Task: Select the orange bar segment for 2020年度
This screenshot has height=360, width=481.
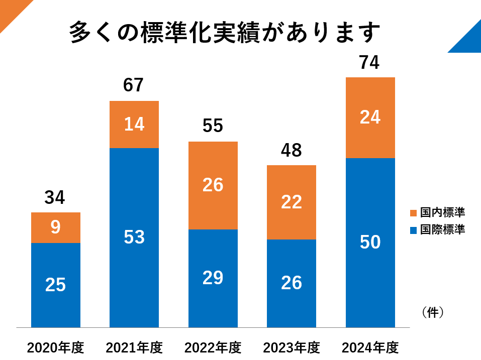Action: point(55,227)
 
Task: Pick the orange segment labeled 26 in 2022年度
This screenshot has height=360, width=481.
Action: point(213,185)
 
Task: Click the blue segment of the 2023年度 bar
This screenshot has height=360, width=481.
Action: point(291,283)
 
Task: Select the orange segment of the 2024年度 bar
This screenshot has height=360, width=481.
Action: point(370,117)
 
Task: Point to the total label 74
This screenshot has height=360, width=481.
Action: point(369,63)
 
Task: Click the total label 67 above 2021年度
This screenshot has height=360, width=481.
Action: point(134,85)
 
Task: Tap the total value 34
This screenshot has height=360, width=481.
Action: point(55,198)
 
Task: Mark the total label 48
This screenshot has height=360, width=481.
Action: point(291,150)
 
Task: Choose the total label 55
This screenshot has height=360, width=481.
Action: point(213,126)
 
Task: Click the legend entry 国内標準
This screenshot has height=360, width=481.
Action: point(437,212)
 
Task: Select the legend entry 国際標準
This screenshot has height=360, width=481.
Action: point(437,230)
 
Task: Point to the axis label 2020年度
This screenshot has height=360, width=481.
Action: point(55,347)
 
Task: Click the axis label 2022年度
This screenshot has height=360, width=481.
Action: point(213,347)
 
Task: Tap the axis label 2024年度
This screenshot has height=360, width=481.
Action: point(370,347)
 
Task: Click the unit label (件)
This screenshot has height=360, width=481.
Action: point(433,312)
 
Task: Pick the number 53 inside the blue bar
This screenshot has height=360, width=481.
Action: point(134,237)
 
